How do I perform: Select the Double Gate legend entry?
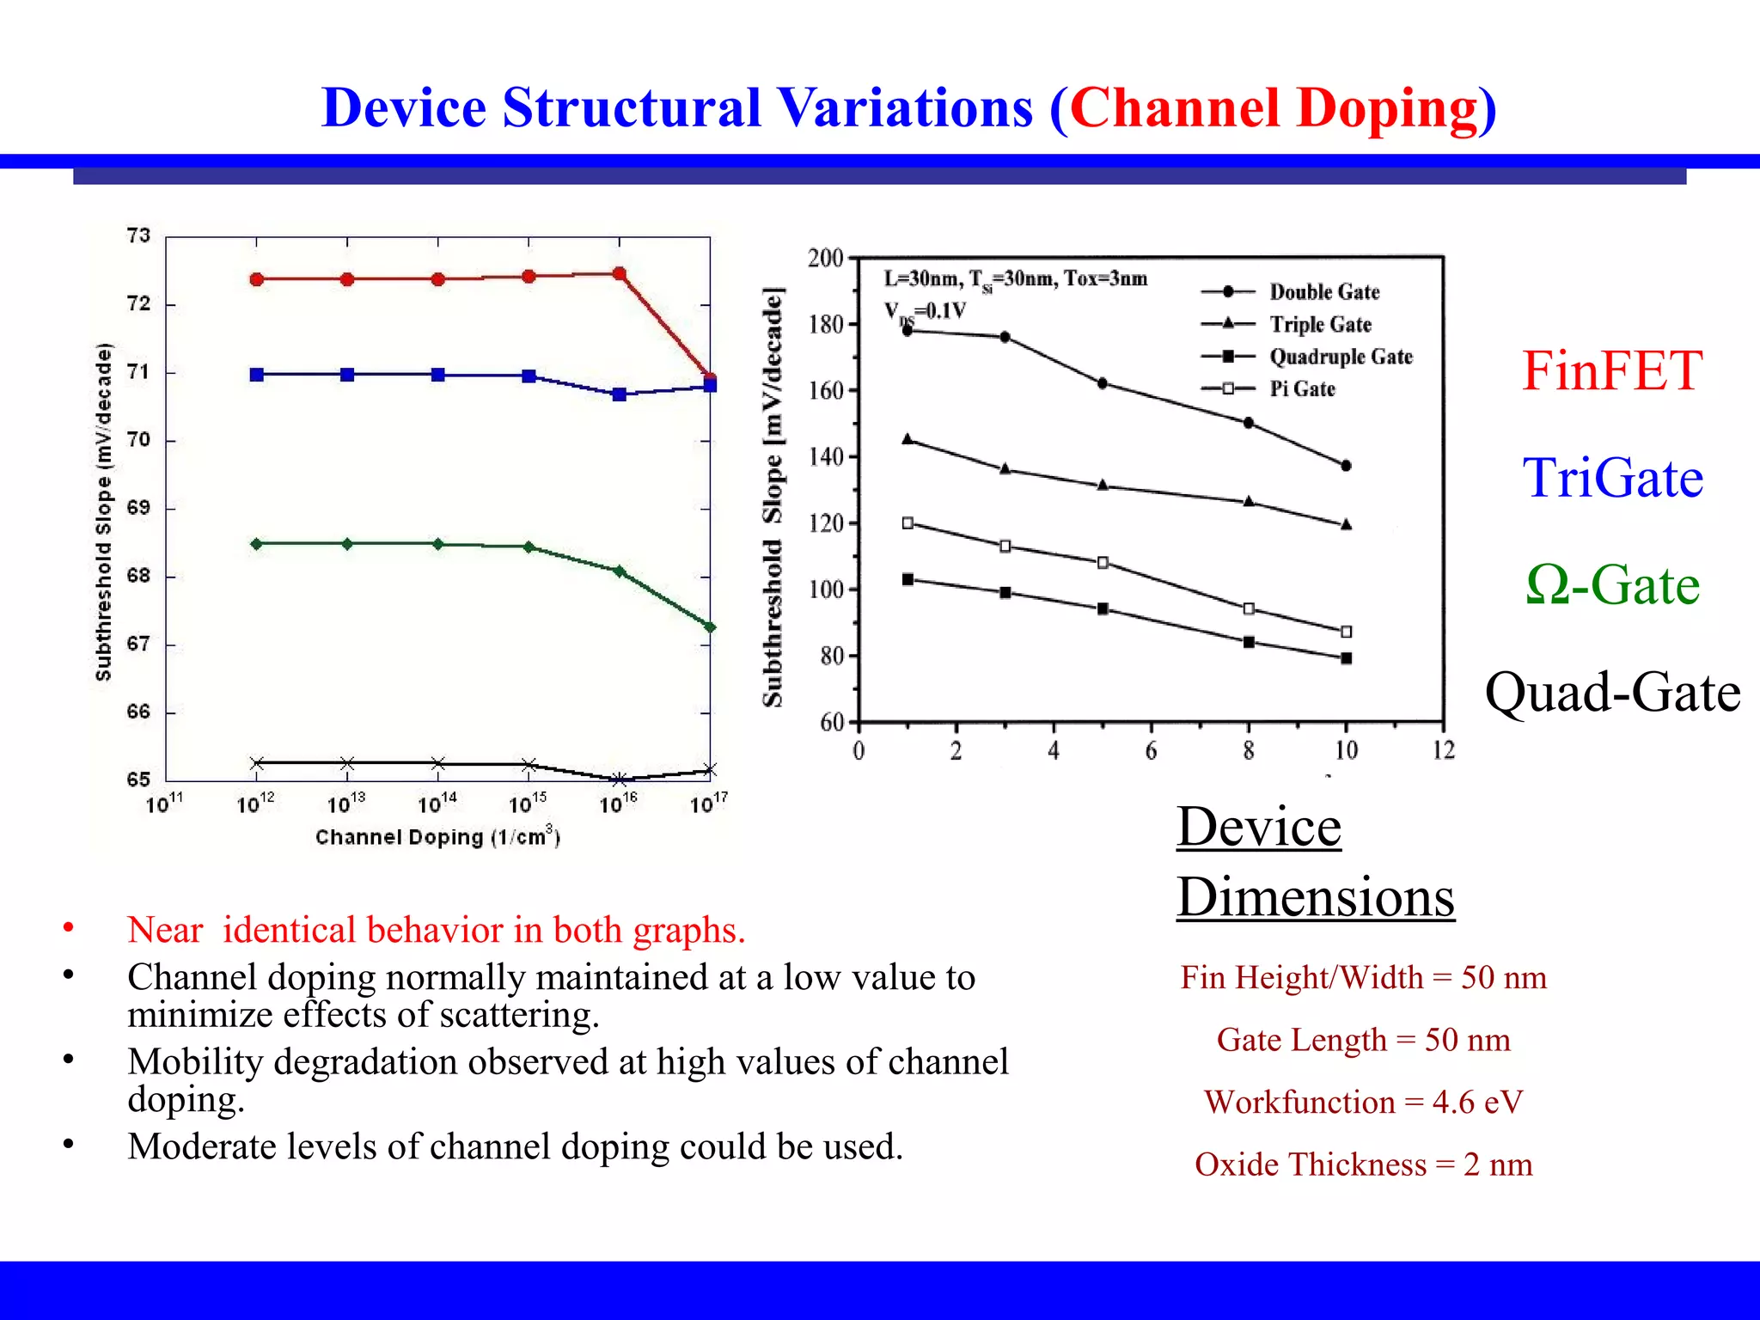(1323, 292)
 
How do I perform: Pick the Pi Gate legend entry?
(1302, 389)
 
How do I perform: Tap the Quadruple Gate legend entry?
(1340, 357)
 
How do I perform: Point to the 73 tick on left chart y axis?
(138, 235)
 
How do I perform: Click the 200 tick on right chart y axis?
(825, 258)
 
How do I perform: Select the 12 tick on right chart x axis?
(1444, 751)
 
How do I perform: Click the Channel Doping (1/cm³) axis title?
(437, 837)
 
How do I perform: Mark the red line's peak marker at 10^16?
(620, 274)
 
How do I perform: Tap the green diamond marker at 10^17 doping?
(710, 627)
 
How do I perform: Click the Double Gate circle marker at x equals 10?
(1346, 466)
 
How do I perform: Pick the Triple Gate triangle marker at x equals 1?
(907, 439)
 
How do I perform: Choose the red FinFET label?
(1611, 371)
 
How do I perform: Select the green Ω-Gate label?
(1612, 585)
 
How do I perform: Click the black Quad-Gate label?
(1612, 693)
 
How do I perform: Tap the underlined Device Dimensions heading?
(1315, 862)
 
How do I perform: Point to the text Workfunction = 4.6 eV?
(1363, 1103)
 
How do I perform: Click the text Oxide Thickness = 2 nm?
(1363, 1165)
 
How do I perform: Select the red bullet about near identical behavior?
(436, 931)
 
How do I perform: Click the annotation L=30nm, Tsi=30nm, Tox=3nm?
(1015, 278)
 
